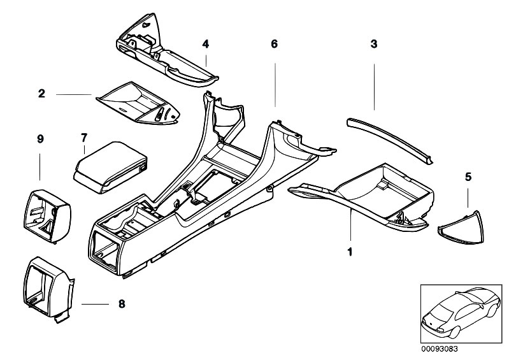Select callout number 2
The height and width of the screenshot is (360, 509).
coord(41,94)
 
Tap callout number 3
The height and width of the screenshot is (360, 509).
coord(374,44)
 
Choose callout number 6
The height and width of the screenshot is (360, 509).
coord(275,44)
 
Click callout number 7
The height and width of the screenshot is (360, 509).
coord(83,137)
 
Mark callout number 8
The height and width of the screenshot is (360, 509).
coord(122,304)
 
